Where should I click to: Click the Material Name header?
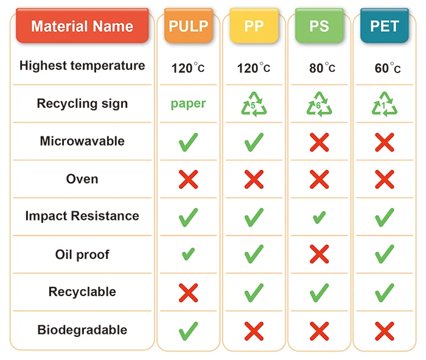82,26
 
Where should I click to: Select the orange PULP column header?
189,26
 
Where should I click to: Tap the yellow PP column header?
254,26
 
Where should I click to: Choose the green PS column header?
319,26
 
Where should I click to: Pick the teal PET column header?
384,26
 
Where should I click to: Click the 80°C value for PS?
322,68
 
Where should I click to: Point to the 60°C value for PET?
388,68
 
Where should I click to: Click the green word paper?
188,104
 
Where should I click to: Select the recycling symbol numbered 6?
319,104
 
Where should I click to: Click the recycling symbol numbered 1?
384,104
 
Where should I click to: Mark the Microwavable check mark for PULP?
189,142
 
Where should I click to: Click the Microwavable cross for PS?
319,142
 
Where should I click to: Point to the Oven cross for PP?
254,179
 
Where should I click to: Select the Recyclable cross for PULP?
189,292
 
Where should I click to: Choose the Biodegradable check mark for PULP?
189,331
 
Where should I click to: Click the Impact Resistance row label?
82,216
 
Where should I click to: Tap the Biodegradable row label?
82,330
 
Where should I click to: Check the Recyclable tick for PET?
384,292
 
